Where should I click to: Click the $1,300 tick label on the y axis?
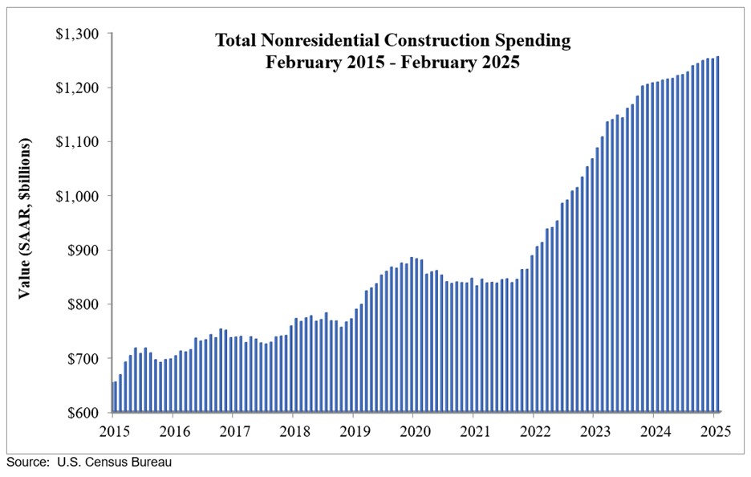click(77, 34)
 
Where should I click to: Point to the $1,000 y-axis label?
click(77, 196)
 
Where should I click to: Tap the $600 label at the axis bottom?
click(82, 413)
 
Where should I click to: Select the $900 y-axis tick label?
click(82, 251)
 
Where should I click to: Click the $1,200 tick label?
click(77, 88)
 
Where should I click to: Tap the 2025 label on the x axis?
click(714, 430)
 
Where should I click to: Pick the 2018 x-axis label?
click(293, 430)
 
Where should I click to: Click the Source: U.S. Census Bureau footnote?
click(89, 463)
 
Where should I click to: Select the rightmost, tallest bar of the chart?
click(716, 234)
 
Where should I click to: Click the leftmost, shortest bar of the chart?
click(115, 397)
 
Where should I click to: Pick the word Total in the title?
click(233, 40)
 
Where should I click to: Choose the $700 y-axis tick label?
click(82, 358)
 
